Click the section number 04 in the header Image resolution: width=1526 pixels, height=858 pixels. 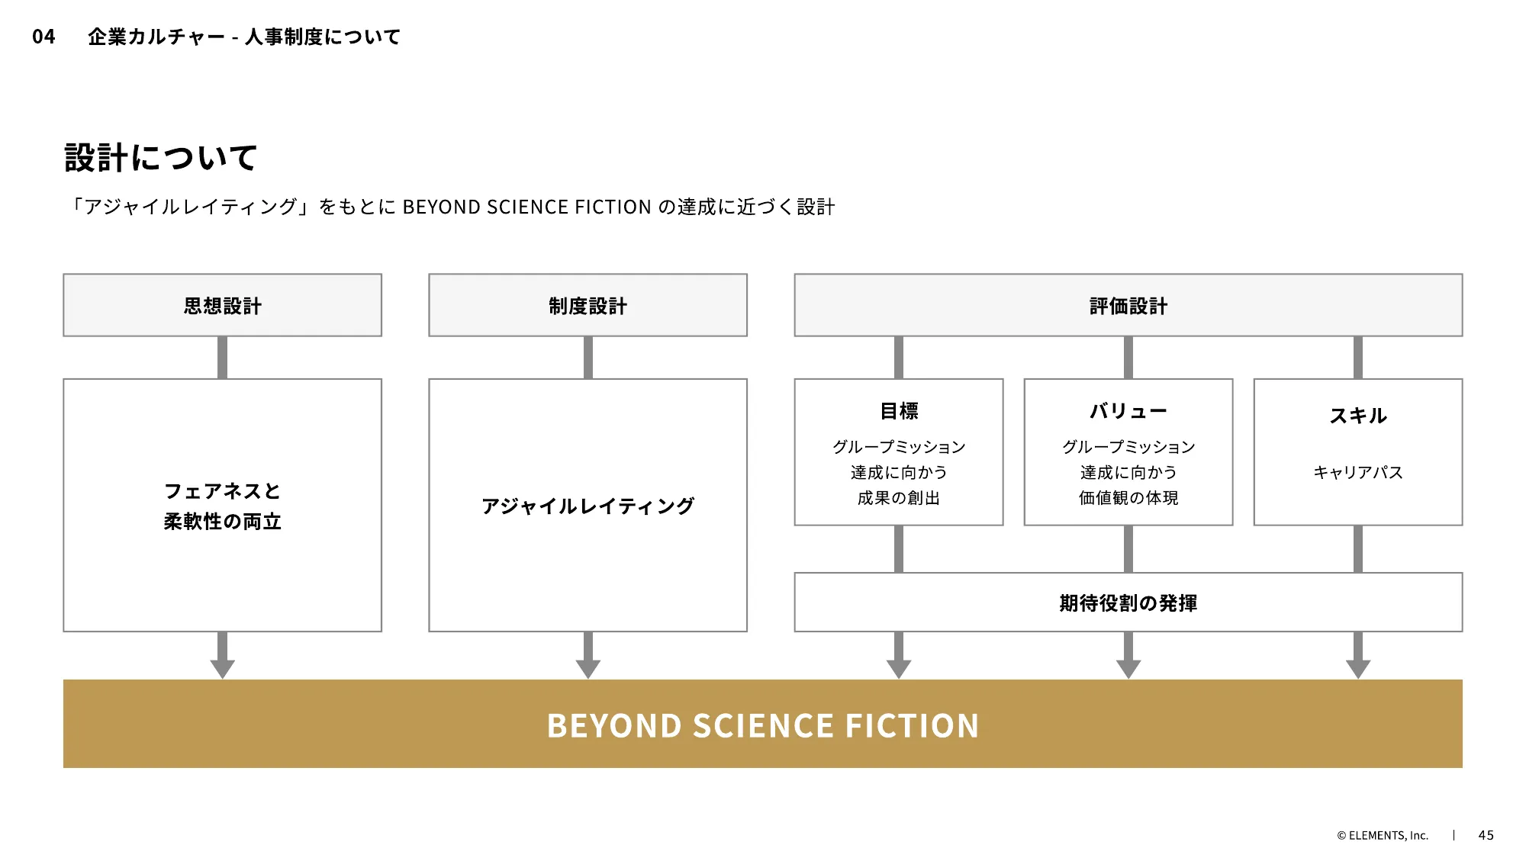coord(43,37)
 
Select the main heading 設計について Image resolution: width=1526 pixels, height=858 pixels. coord(161,158)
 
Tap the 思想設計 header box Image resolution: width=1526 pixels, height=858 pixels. coord(222,306)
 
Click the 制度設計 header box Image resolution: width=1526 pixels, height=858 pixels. coord(588,306)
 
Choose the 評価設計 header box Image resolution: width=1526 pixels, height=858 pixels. coord(1128,306)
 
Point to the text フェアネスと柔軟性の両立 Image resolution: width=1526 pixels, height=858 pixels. coord(222,506)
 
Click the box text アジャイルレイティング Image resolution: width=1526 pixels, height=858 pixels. coord(588,506)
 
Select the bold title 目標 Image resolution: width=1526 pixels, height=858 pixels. coord(899,411)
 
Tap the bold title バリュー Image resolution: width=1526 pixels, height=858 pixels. coord(1128,411)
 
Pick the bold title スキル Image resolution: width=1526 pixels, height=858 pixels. coord(1357,416)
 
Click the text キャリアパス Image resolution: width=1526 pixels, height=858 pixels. coord(1357,472)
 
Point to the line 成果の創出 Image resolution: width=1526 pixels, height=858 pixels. coord(899,498)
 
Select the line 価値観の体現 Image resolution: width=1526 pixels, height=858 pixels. coord(1128,498)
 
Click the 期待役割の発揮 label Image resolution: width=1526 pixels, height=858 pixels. coord(1128,603)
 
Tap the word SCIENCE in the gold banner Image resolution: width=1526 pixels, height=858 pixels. coord(763,725)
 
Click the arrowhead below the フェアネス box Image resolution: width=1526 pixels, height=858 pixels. coord(222,668)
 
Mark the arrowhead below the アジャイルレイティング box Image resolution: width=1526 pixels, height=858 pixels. coord(588,668)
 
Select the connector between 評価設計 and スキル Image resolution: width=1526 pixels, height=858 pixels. coord(1357,357)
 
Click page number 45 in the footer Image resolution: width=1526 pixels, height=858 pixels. coord(1486,835)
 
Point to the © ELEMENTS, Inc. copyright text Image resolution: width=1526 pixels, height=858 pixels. coord(1382,835)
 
